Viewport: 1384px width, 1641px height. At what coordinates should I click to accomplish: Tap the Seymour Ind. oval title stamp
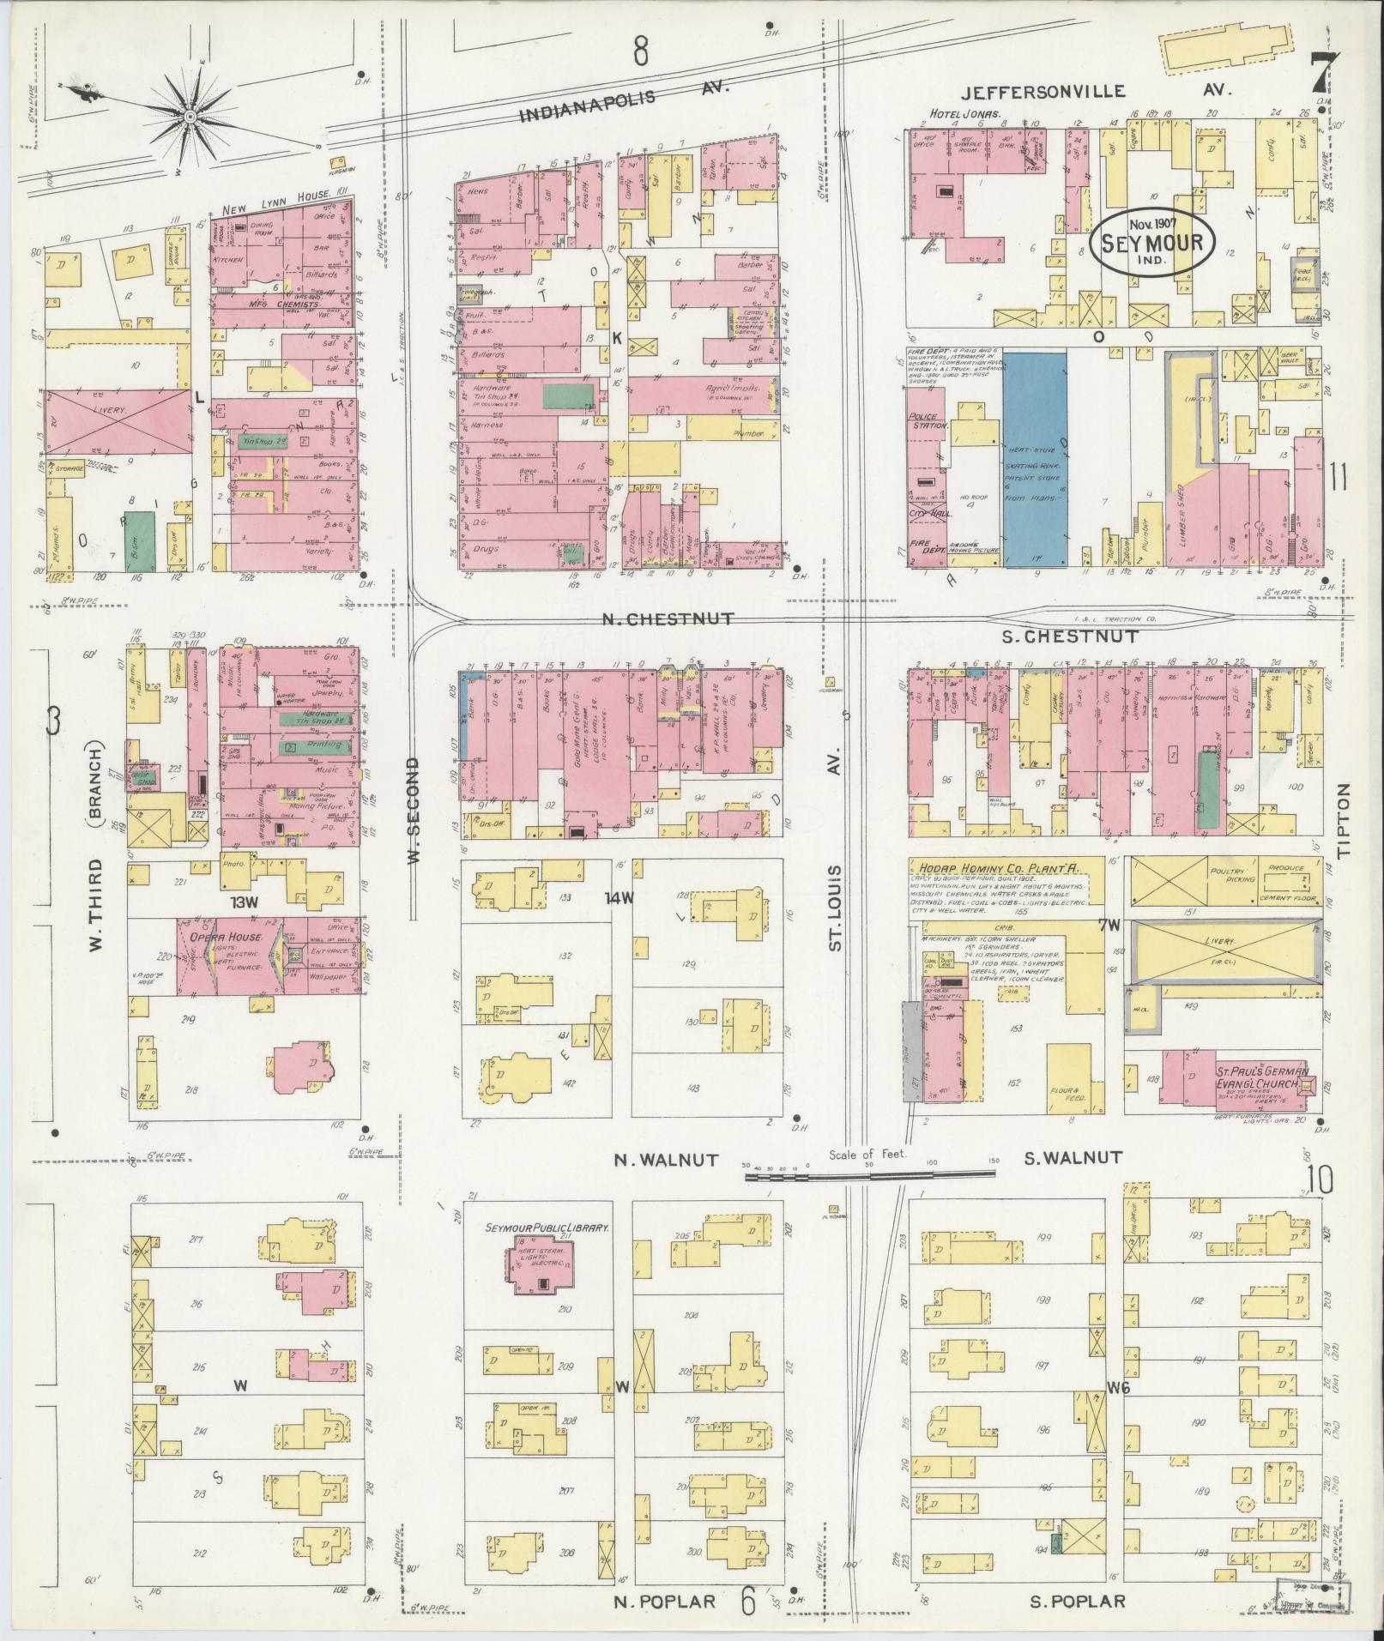pyautogui.click(x=1155, y=243)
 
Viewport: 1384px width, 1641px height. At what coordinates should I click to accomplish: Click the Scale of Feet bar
pyautogui.click(x=871, y=1177)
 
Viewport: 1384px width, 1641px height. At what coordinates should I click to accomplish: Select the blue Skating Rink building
pyautogui.click(x=1035, y=458)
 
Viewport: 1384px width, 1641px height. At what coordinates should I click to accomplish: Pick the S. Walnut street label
pyautogui.click(x=1073, y=1158)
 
